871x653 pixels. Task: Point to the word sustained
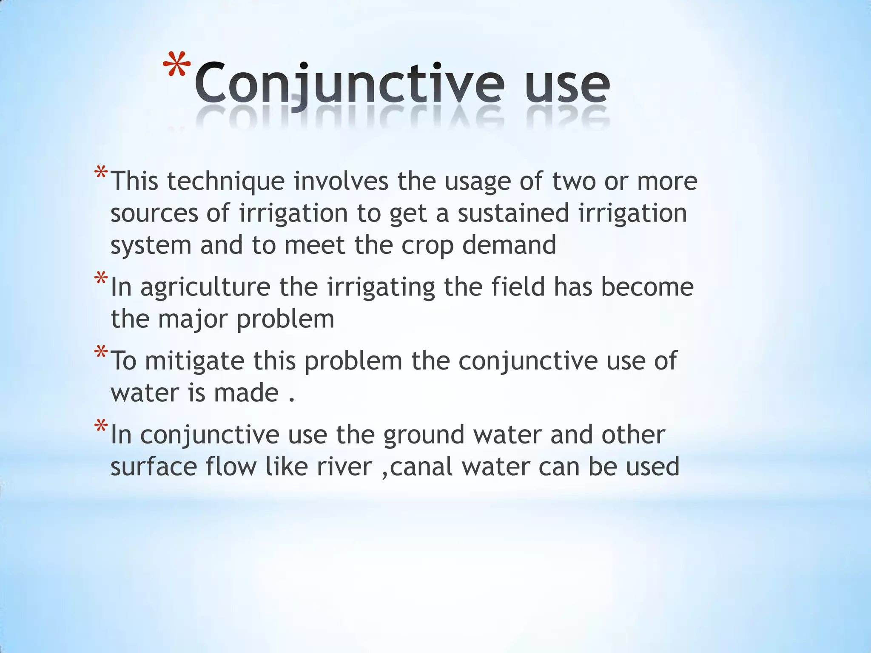click(x=513, y=213)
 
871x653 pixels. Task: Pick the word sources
click(x=154, y=214)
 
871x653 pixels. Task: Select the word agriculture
click(x=205, y=288)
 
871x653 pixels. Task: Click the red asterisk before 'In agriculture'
click(x=101, y=279)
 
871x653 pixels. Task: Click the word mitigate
click(x=194, y=362)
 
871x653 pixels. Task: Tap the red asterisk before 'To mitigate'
click(x=101, y=353)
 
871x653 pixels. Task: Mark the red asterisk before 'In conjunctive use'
click(x=101, y=427)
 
